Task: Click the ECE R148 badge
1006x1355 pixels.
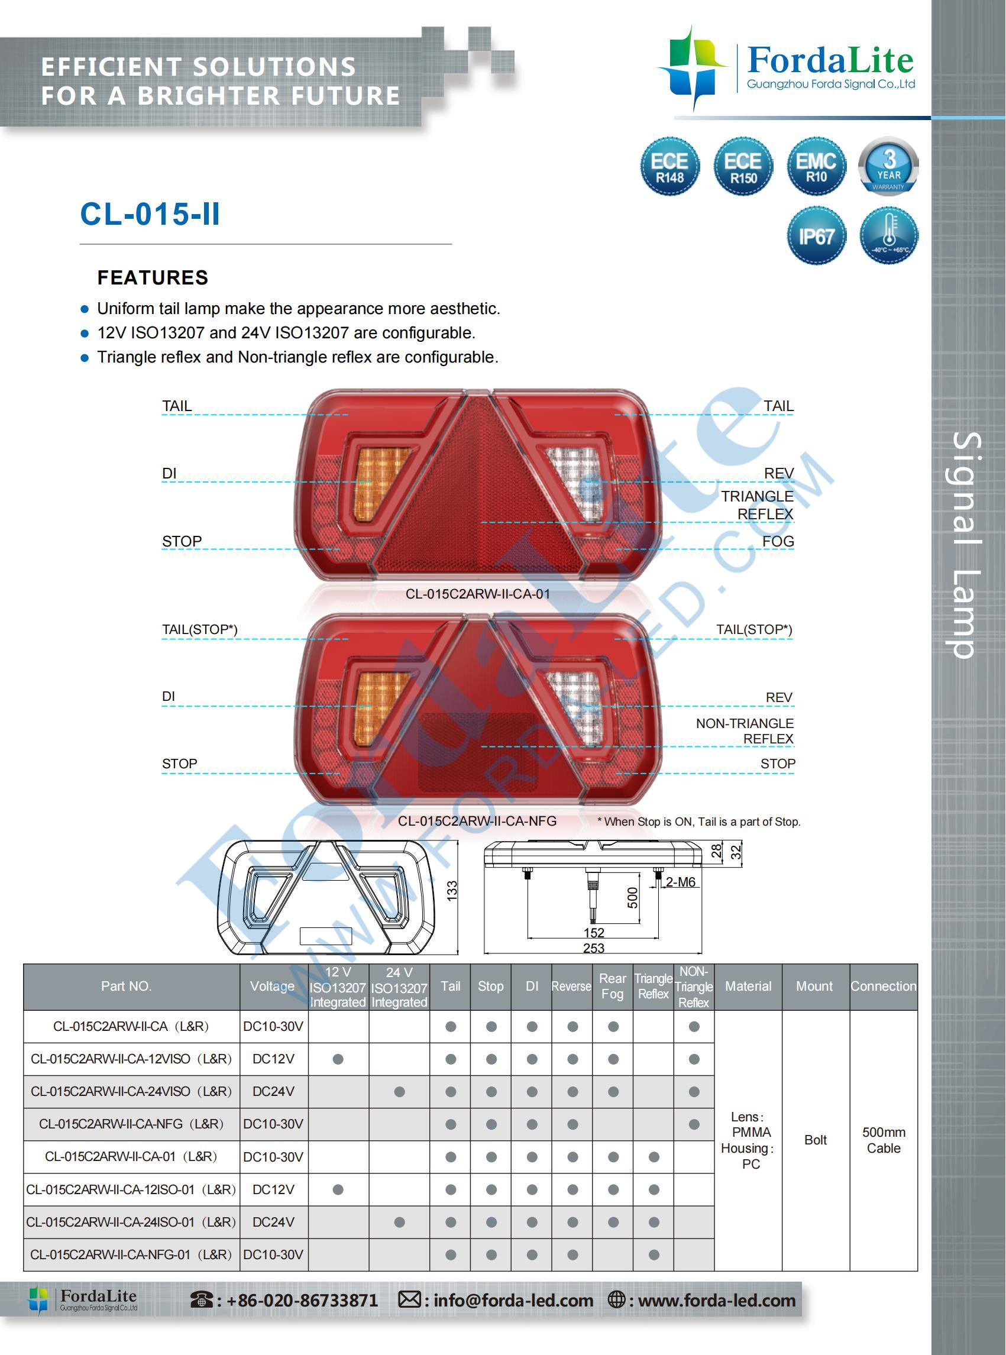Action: click(x=669, y=166)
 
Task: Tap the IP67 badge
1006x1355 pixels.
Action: click(x=816, y=235)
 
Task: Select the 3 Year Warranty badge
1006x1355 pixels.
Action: click(x=888, y=166)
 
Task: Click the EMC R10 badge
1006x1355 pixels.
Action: click(x=816, y=166)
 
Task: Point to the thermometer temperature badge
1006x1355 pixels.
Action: click(x=888, y=235)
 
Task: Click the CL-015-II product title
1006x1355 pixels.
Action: click(x=150, y=214)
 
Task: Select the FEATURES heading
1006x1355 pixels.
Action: click(x=153, y=278)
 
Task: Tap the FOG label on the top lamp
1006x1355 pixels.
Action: click(x=778, y=541)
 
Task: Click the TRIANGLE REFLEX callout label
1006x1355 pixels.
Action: click(x=757, y=506)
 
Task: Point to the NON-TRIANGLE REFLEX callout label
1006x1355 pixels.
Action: click(x=745, y=731)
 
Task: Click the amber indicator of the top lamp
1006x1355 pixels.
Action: click(x=381, y=481)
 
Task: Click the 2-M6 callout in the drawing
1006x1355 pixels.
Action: click(x=680, y=882)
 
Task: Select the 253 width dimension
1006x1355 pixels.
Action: click(x=593, y=948)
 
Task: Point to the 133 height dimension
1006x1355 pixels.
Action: click(x=452, y=891)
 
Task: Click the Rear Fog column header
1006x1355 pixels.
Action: click(x=612, y=986)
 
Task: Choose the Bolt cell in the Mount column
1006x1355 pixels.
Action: click(x=815, y=1140)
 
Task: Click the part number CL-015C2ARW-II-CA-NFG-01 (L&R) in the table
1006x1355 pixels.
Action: click(x=131, y=1254)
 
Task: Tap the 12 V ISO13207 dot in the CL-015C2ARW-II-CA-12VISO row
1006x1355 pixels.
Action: click(x=338, y=1059)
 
